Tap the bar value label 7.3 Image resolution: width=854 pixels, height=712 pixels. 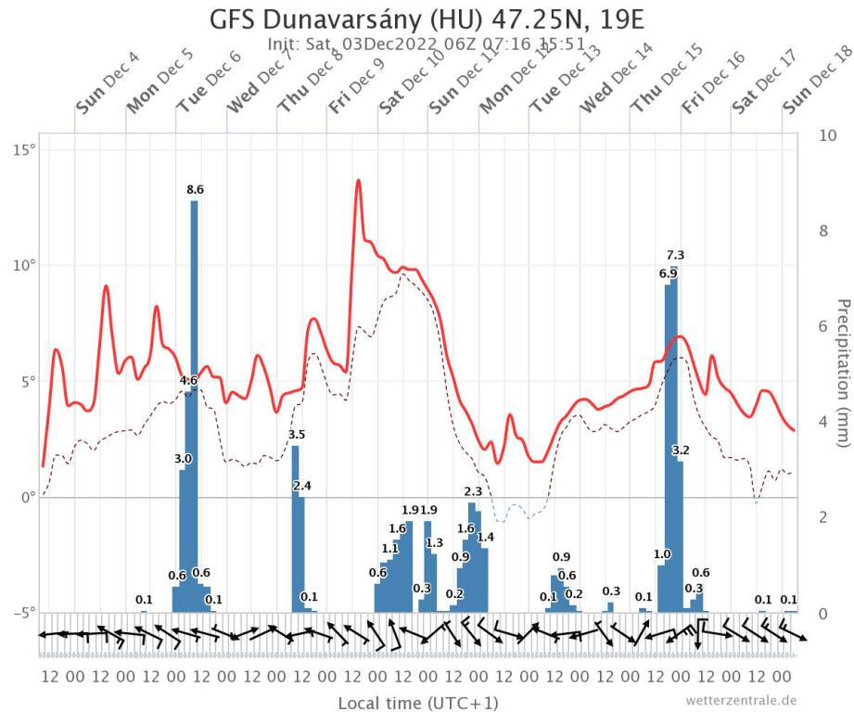675,255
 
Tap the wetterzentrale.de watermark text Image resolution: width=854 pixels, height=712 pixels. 741,700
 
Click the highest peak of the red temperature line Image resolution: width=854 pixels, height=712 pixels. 358,181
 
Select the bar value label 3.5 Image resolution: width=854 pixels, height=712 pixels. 297,434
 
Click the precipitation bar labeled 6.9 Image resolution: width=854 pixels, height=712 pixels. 668,445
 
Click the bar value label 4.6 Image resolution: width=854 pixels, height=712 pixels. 188,380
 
